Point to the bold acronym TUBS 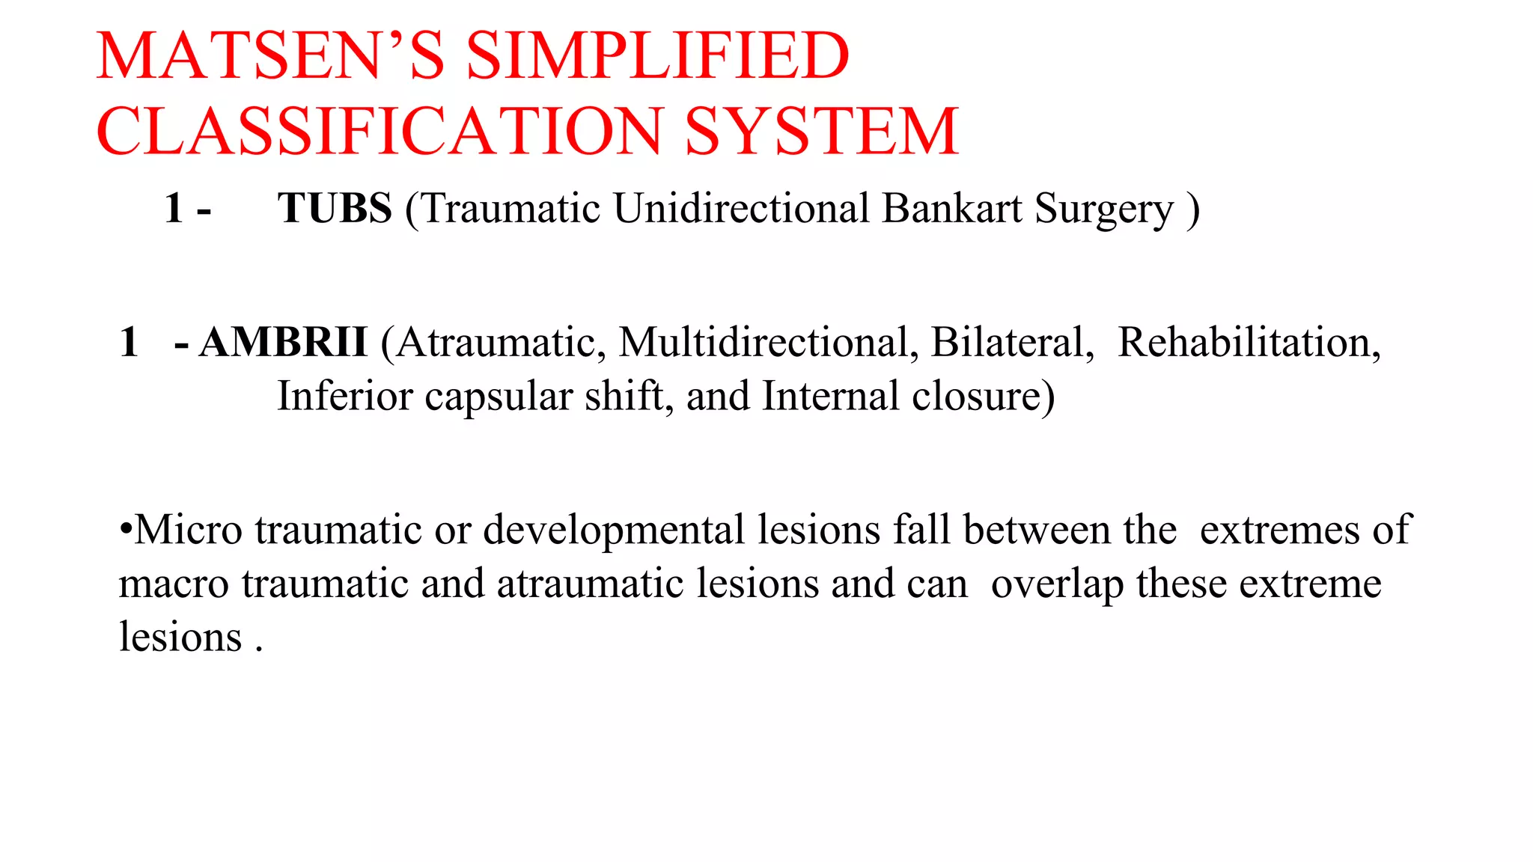[335, 208]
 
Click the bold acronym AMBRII [283, 343]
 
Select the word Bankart [951, 208]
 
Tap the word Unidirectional [741, 208]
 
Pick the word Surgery [1104, 210]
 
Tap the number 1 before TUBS [174, 208]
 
